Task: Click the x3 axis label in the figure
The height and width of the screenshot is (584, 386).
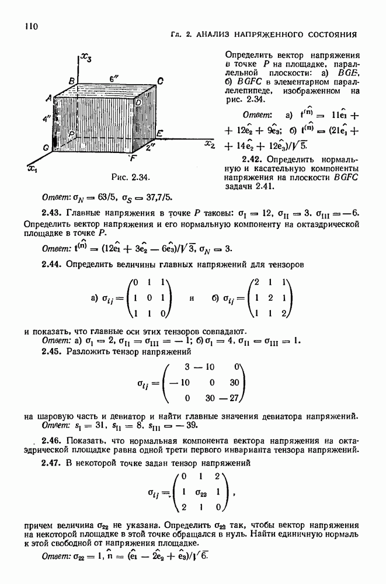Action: coord(85,57)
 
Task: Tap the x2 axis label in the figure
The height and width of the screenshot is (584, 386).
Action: coord(210,143)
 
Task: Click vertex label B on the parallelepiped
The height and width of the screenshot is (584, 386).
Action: coord(71,80)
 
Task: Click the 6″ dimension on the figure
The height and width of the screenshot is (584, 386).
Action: coord(113,78)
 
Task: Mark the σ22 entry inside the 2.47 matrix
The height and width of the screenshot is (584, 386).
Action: coord(201,492)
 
